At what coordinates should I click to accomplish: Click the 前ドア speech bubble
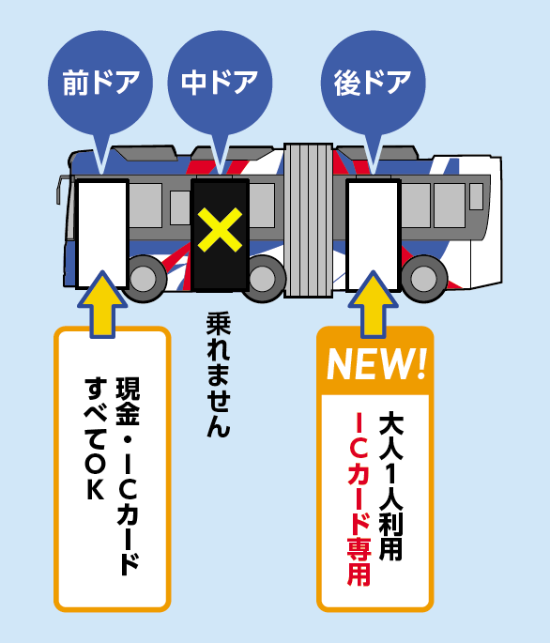click(x=100, y=84)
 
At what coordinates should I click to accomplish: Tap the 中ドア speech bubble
click(x=220, y=84)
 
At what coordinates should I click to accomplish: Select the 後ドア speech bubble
click(x=374, y=84)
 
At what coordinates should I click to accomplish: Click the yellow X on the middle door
click(x=220, y=229)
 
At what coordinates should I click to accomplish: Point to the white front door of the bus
click(x=101, y=234)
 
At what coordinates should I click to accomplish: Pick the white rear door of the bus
click(x=374, y=236)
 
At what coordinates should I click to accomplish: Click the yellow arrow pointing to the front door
click(x=102, y=304)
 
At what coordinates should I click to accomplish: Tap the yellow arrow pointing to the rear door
click(x=374, y=304)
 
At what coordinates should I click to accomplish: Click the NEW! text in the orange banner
click(x=376, y=364)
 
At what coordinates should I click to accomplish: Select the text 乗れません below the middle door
click(x=219, y=375)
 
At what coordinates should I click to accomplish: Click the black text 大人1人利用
click(x=390, y=486)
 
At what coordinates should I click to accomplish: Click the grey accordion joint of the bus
click(x=308, y=221)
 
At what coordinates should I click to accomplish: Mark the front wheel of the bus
click(x=144, y=279)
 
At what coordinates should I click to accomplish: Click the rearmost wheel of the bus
click(x=424, y=279)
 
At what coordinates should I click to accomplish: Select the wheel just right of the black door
click(x=264, y=279)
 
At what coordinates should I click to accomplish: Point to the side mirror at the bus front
click(x=60, y=190)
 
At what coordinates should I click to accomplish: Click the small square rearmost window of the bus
click(x=476, y=196)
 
